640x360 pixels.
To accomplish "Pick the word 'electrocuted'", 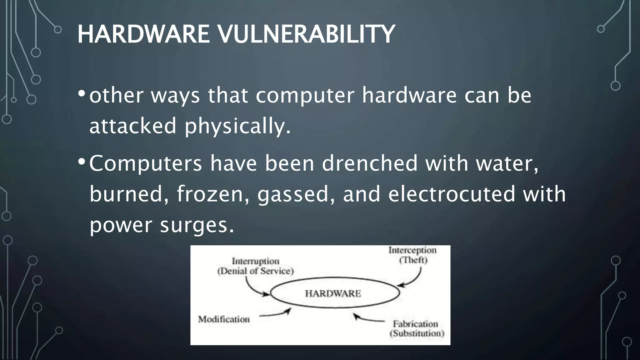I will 451,194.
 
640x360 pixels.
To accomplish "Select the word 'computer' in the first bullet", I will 305,95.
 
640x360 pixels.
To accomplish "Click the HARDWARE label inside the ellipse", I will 333,293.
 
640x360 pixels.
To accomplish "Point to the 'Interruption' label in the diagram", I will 255,261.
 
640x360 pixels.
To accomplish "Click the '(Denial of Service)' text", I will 255,271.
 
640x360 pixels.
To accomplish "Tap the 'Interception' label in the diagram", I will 412,250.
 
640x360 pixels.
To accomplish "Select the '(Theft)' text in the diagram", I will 413,260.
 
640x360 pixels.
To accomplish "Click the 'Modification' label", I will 224,319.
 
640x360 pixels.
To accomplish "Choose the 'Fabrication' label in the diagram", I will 415,324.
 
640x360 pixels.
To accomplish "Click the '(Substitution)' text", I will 417,333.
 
